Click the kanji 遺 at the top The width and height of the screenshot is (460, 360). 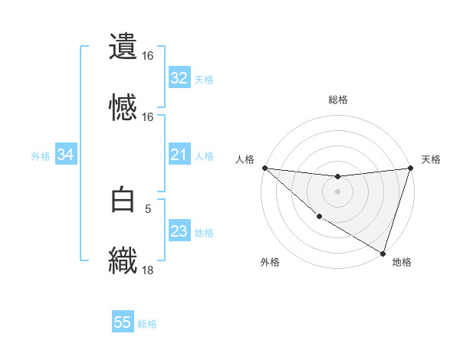pos(123,45)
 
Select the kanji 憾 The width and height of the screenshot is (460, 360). pos(123,106)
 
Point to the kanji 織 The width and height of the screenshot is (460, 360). pos(123,260)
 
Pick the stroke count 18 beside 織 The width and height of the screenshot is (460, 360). pos(147,270)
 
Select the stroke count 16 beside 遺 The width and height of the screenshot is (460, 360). pos(147,55)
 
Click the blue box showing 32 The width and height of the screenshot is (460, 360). pos(179,78)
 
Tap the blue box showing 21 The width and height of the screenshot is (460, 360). pos(179,155)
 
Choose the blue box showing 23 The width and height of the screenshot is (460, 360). pos(179,232)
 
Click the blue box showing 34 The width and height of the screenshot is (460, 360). pos(66,155)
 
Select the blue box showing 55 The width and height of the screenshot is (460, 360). pos(123,322)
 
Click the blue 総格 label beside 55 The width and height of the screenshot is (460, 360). pos(147,324)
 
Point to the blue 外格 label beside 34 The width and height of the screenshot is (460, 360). pos(41,156)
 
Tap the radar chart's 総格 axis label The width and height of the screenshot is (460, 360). pos(338,100)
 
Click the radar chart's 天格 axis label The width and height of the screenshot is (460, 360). pos(431,159)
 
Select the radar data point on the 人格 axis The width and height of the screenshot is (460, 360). pos(264,168)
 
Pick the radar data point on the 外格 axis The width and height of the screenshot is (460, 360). pos(319,217)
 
